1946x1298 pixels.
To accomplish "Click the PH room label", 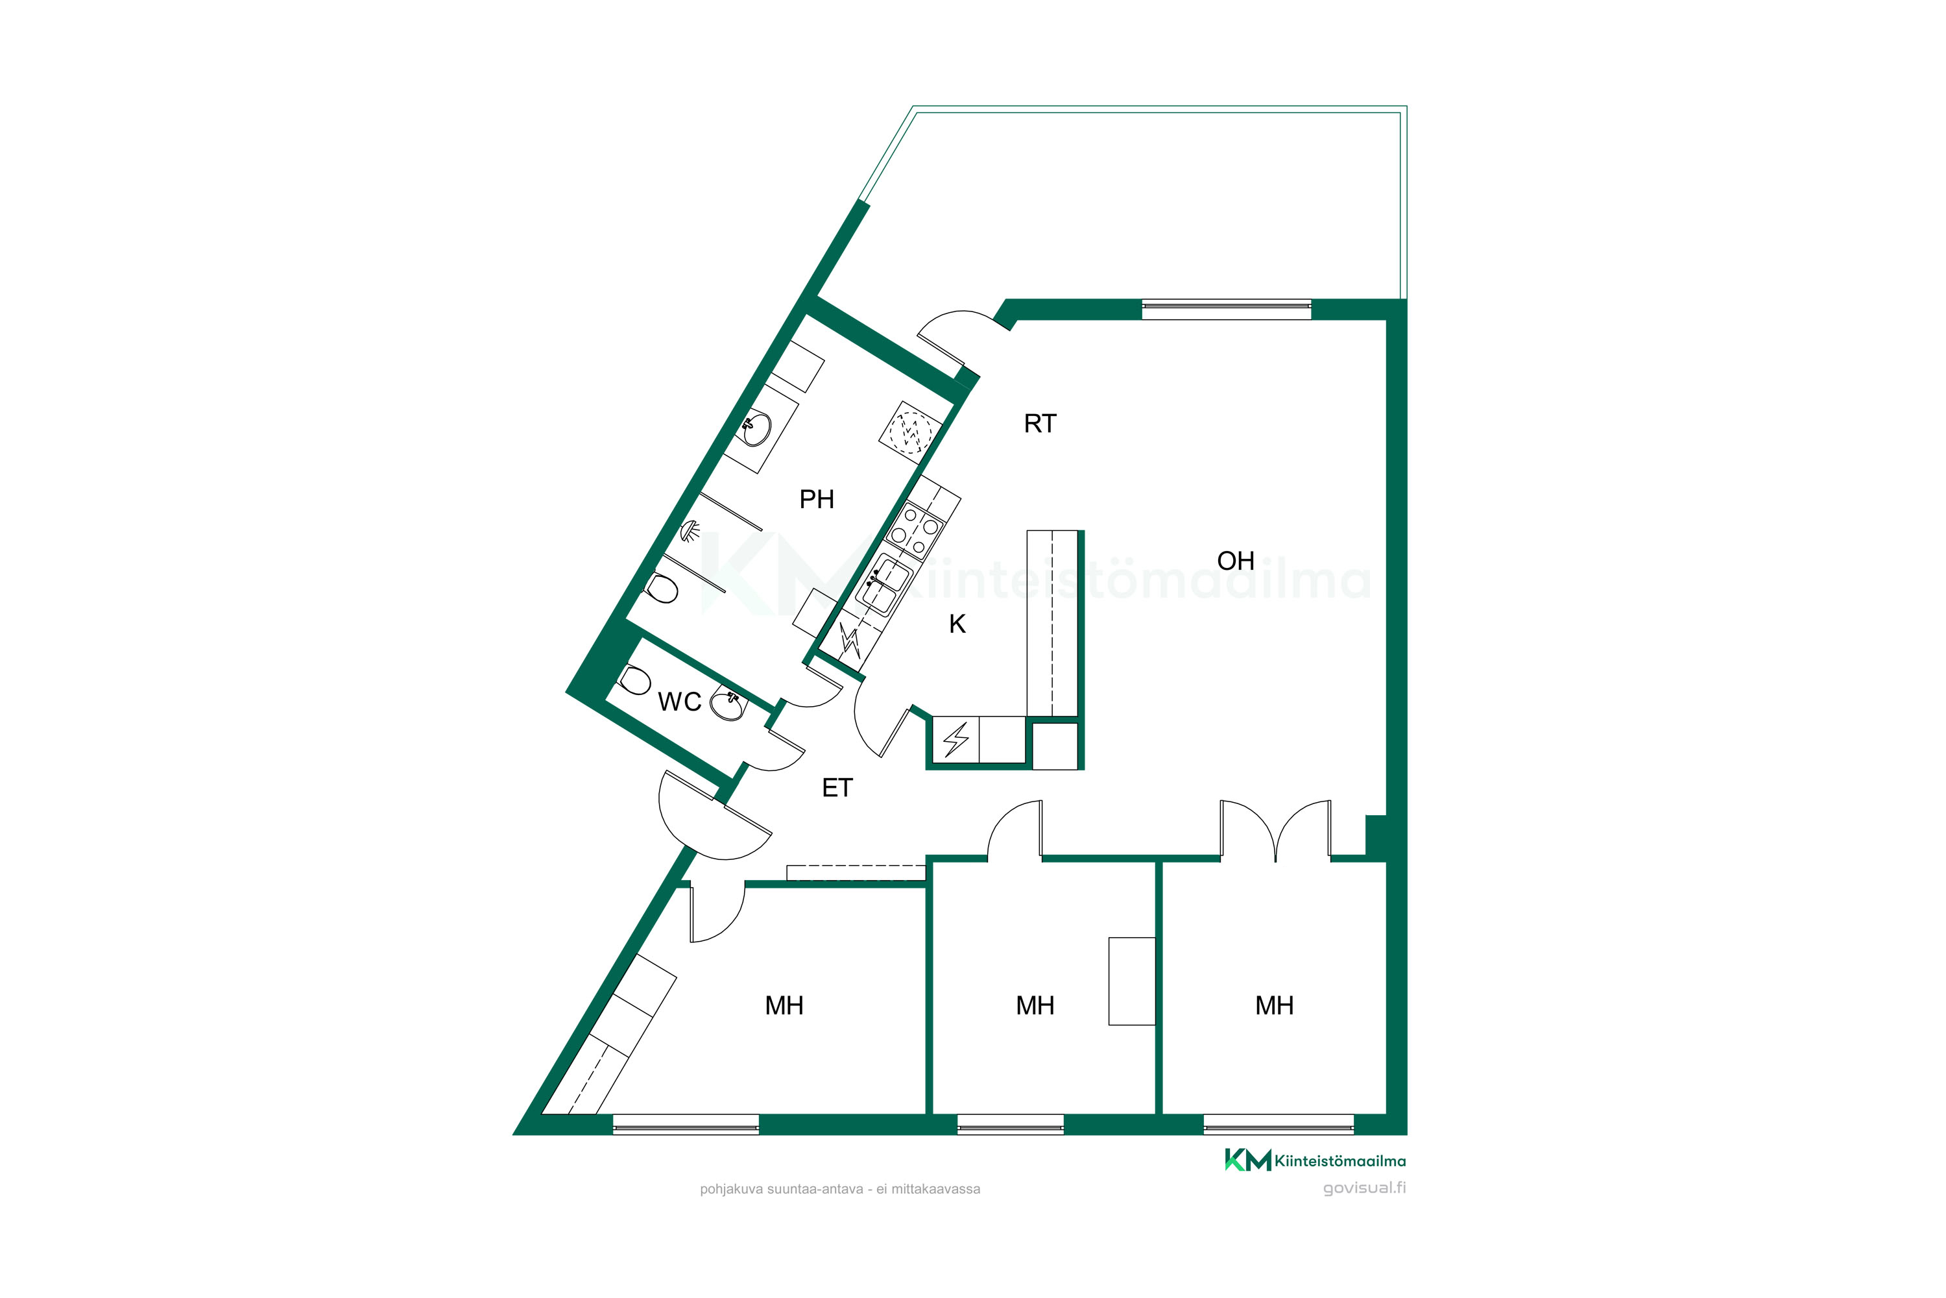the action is (x=816, y=499).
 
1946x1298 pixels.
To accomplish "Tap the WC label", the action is (x=679, y=702).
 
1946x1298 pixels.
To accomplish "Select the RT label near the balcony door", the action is (x=1040, y=424).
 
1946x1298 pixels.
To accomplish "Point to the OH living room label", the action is (x=1235, y=561).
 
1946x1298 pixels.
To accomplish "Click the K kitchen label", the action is (x=957, y=624).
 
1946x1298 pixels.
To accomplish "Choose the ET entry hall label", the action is (x=837, y=788).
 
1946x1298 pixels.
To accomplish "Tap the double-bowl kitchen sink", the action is (x=883, y=585).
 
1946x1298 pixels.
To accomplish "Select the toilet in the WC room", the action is (x=634, y=680).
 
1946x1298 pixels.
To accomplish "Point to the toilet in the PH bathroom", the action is (x=661, y=589).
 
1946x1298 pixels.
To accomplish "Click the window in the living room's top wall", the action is (x=1226, y=310).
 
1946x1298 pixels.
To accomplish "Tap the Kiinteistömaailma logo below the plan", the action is (x=1315, y=1160).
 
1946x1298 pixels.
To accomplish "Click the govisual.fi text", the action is (x=1364, y=1188).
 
